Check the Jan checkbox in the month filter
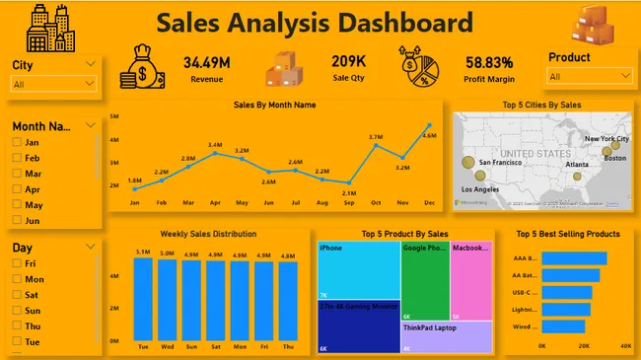coord(17,142)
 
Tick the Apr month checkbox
coord(17,189)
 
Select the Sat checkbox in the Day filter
coord(17,295)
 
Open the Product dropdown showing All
coord(590,76)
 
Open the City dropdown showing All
coord(55,85)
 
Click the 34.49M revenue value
coord(207,63)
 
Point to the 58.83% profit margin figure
coord(489,63)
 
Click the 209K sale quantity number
coord(348,63)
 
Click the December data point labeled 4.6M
coord(429,125)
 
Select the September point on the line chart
coord(349,182)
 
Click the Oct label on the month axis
coord(376,202)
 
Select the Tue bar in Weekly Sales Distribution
coord(143,296)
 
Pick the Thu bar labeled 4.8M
coord(289,299)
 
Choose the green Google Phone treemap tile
coord(424,280)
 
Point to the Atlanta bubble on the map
coord(577,177)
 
